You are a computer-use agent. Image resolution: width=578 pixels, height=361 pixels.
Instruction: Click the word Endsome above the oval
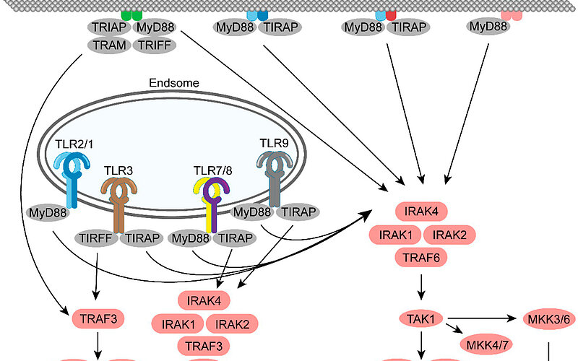pos(174,83)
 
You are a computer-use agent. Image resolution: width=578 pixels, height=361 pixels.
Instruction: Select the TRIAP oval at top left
pos(108,27)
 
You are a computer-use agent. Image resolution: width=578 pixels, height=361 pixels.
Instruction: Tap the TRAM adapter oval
pos(108,45)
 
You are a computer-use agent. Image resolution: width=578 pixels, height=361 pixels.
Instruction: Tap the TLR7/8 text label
pos(213,170)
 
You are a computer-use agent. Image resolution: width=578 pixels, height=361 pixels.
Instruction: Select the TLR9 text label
pos(274,143)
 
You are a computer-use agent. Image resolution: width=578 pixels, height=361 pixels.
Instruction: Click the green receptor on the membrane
pos(131,14)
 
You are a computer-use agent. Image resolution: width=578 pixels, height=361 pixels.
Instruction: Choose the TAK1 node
pos(420,318)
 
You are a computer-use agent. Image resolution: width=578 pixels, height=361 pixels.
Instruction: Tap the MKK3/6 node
pos(535,318)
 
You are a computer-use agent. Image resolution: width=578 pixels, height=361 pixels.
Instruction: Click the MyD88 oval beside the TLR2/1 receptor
pos(48,214)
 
